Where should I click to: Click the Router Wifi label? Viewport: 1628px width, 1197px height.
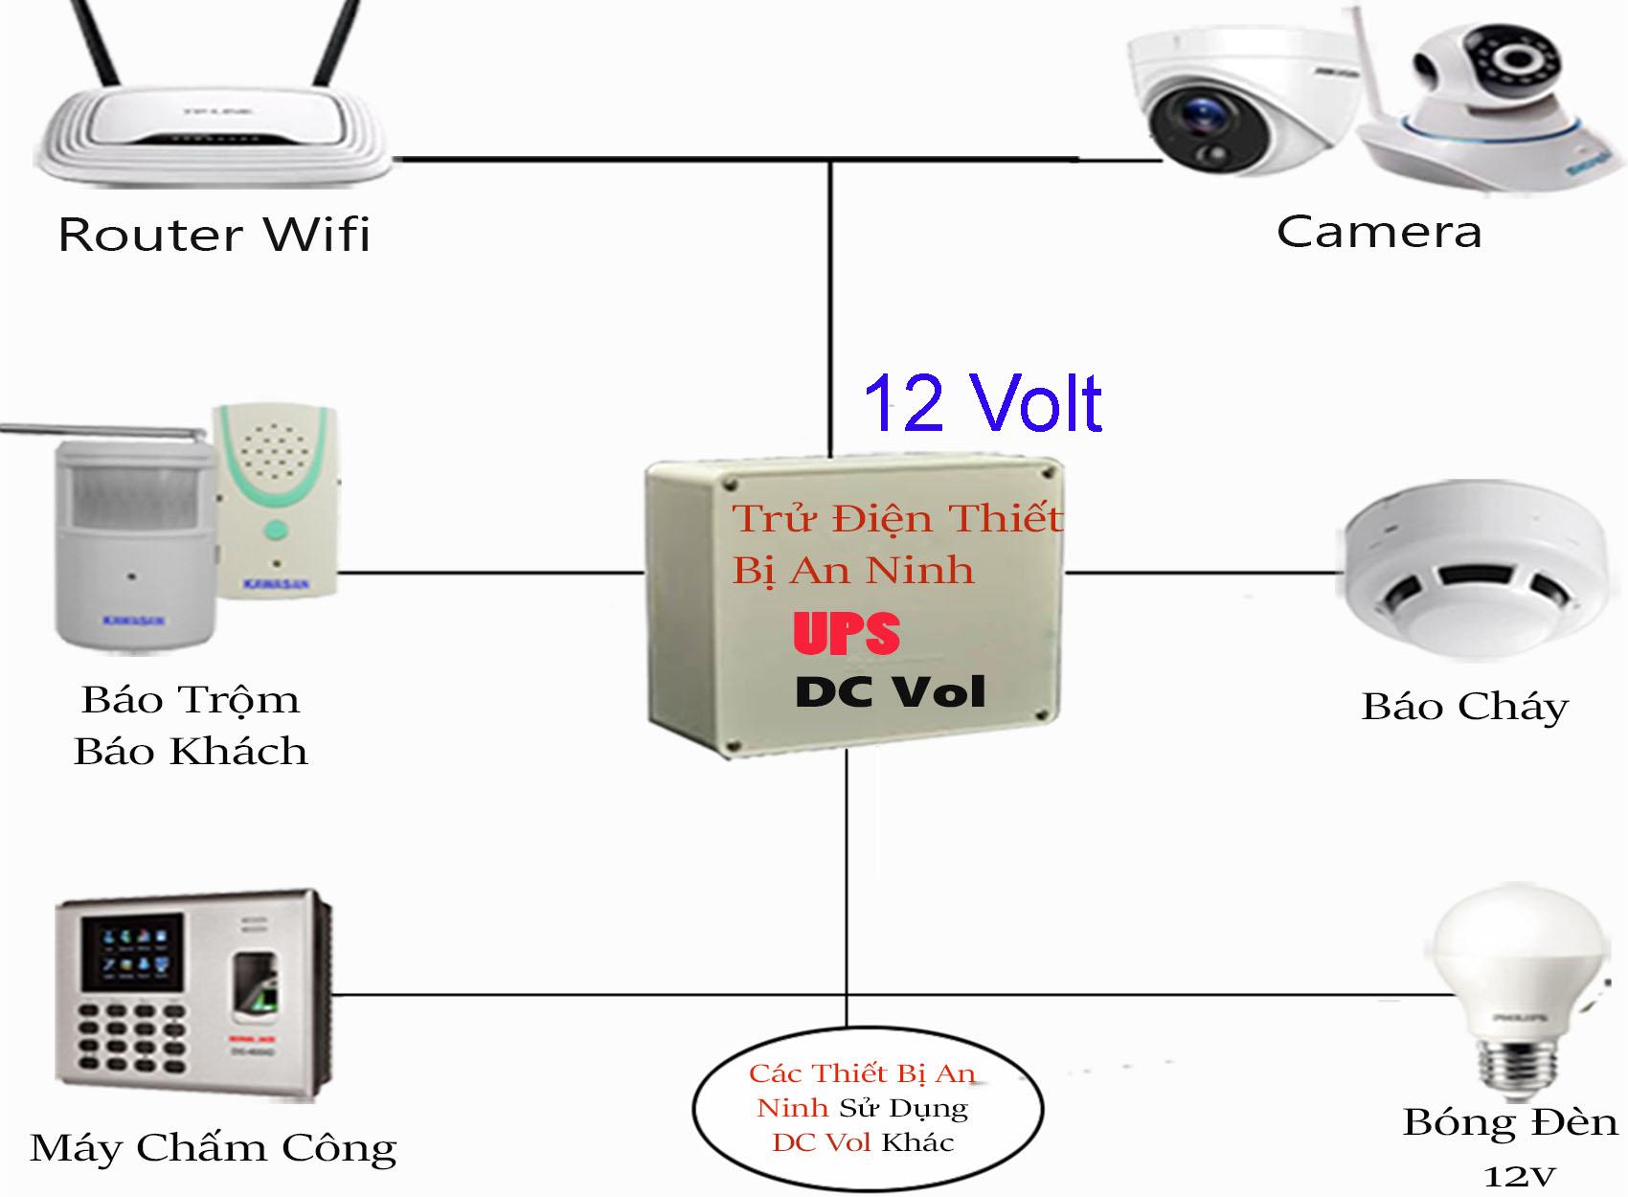pyautogui.click(x=214, y=235)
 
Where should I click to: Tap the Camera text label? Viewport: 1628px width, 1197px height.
pyautogui.click(x=1378, y=233)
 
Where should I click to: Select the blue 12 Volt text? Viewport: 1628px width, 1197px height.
pyautogui.click(x=983, y=403)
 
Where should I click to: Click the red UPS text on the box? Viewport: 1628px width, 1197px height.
pyautogui.click(x=847, y=634)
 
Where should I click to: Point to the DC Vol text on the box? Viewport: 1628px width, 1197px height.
pyautogui.click(x=890, y=692)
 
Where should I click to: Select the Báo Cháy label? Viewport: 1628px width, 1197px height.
pyautogui.click(x=1464, y=707)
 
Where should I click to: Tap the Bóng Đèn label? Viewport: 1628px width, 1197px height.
pyautogui.click(x=1509, y=1122)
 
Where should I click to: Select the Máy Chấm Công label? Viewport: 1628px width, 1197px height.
pyautogui.click(x=213, y=1147)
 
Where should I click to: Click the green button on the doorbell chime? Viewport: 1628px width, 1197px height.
pyautogui.click(x=276, y=531)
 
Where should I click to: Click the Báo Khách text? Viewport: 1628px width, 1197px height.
pyautogui.click(x=191, y=752)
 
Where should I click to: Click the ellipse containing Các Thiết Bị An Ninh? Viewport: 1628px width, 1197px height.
pyautogui.click(x=867, y=1108)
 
